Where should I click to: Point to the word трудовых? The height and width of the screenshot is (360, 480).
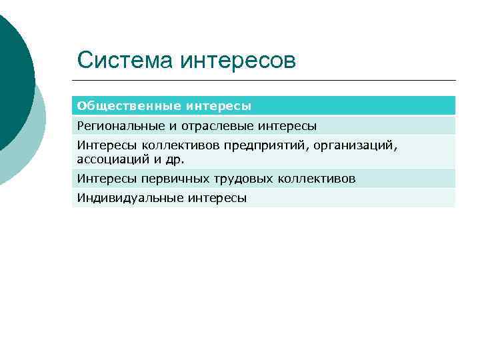coord(228,178)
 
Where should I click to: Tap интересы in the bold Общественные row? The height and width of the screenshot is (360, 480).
coord(219,106)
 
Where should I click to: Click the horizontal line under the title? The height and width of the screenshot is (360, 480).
coord(267,81)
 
